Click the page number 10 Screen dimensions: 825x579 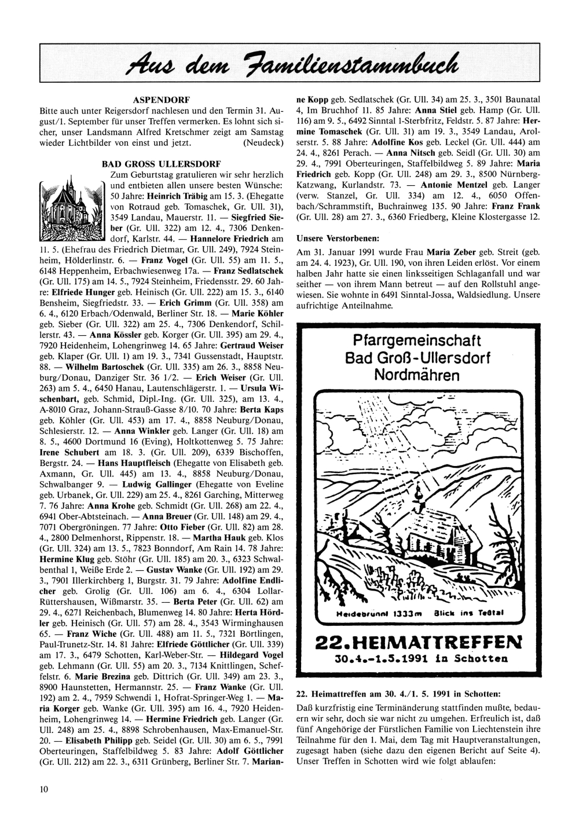click(44, 789)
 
